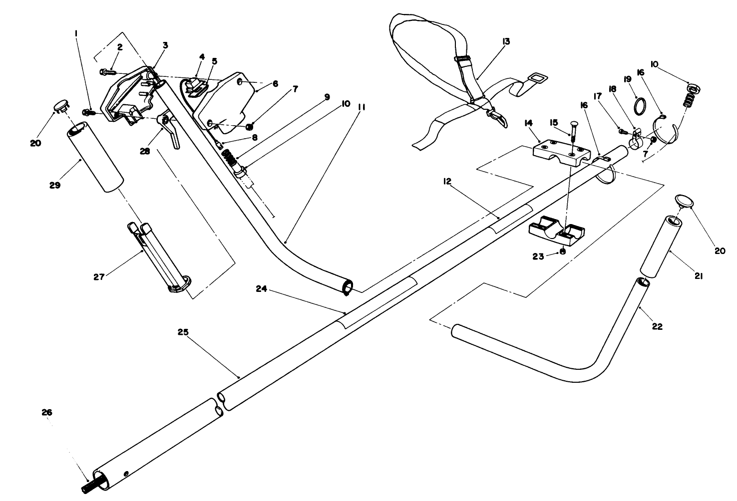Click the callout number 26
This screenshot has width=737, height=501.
[47, 413]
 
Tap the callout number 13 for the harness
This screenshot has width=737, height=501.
[506, 42]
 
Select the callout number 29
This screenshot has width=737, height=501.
[55, 185]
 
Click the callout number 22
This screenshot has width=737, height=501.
[657, 326]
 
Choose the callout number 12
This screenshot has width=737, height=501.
[447, 182]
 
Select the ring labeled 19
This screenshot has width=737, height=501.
[641, 106]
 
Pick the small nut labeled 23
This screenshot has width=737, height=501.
[563, 252]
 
